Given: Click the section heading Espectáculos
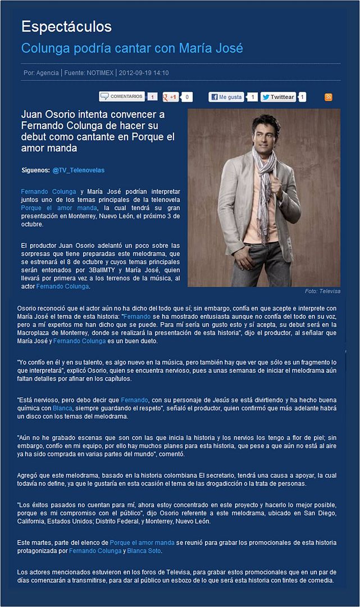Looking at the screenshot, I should [66, 26].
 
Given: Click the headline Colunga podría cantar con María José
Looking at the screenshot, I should [132, 48].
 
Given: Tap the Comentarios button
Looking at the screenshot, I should [122, 97].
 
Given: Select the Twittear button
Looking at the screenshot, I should [278, 97].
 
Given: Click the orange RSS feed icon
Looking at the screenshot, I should [329, 97].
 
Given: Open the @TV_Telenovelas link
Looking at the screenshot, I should [78, 170].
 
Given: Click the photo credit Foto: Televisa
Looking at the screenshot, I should [322, 291].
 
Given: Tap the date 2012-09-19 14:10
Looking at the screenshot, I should [144, 73].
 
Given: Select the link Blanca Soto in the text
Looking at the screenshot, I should [144, 551].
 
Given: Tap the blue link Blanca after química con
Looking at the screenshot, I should [62, 408].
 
